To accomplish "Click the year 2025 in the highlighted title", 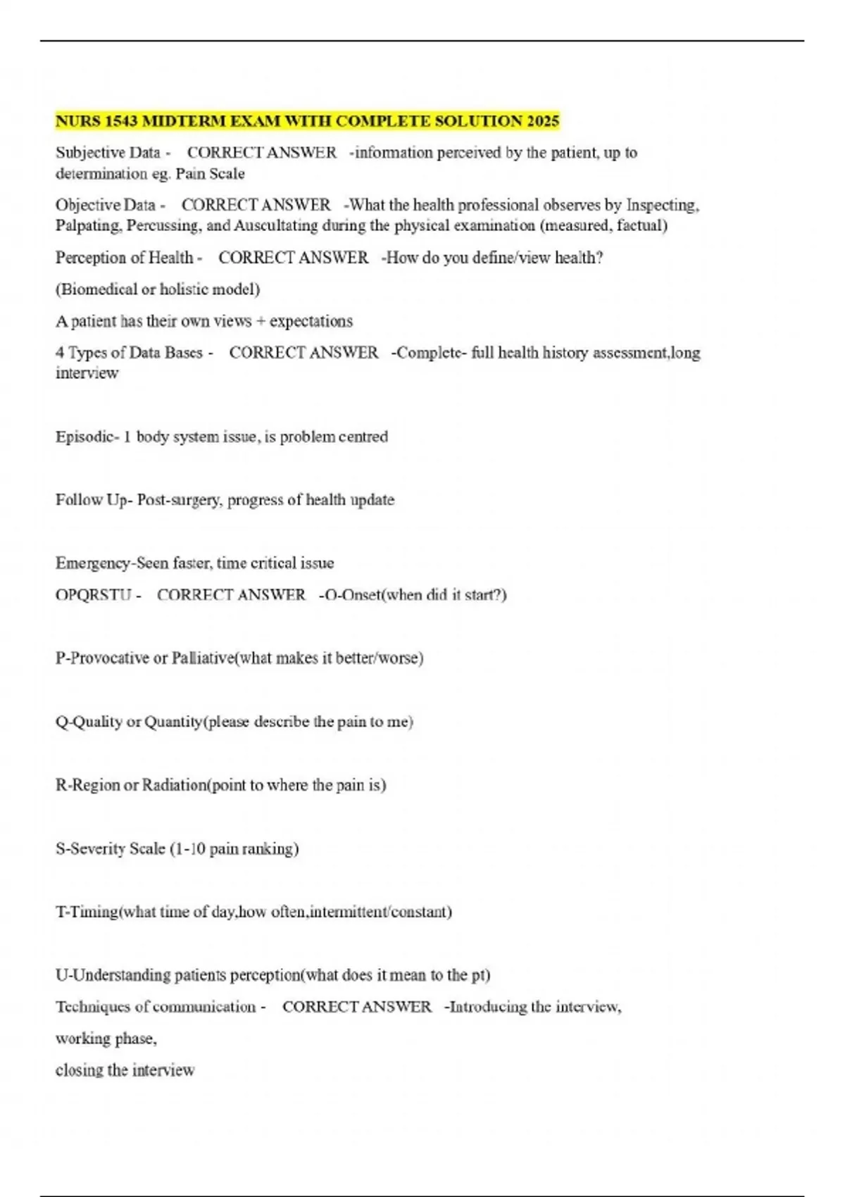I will pyautogui.click(x=542, y=121).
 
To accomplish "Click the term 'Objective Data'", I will pyautogui.click(x=105, y=206).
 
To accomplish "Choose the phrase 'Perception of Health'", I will pyautogui.click(x=124, y=258).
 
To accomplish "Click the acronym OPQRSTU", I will pyautogui.click(x=94, y=595).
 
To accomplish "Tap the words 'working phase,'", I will pyautogui.click(x=106, y=1039).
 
